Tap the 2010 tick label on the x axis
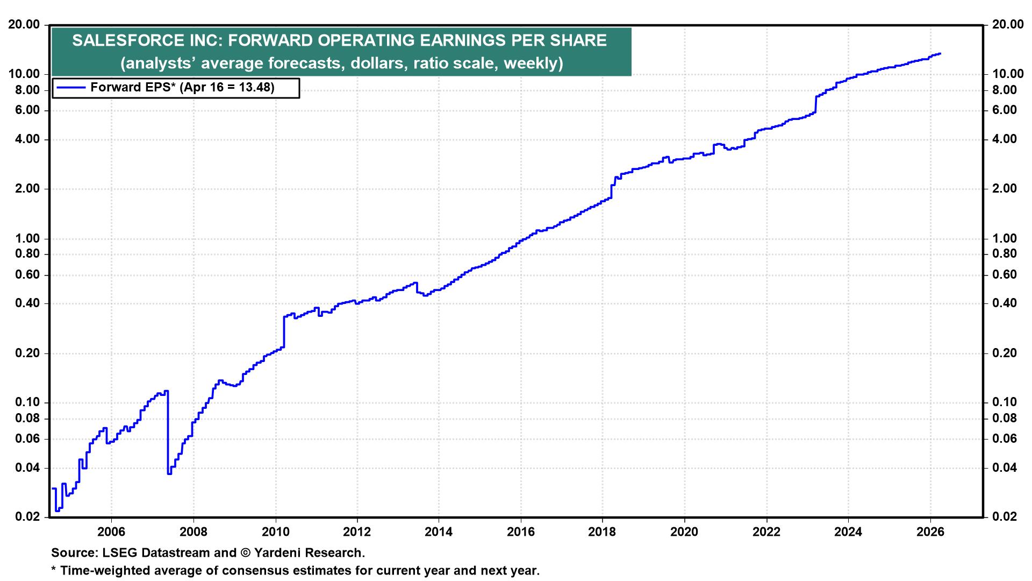coord(275,532)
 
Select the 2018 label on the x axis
coord(603,532)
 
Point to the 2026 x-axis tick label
coord(930,532)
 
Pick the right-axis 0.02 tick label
coord(1005,517)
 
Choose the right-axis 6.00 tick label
coord(1005,110)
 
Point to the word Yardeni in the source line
coord(277,552)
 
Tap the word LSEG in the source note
coord(114,552)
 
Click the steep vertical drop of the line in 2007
coord(168,430)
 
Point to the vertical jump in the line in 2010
coord(283,331)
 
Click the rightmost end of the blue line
coord(940,54)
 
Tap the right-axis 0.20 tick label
coord(1005,353)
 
